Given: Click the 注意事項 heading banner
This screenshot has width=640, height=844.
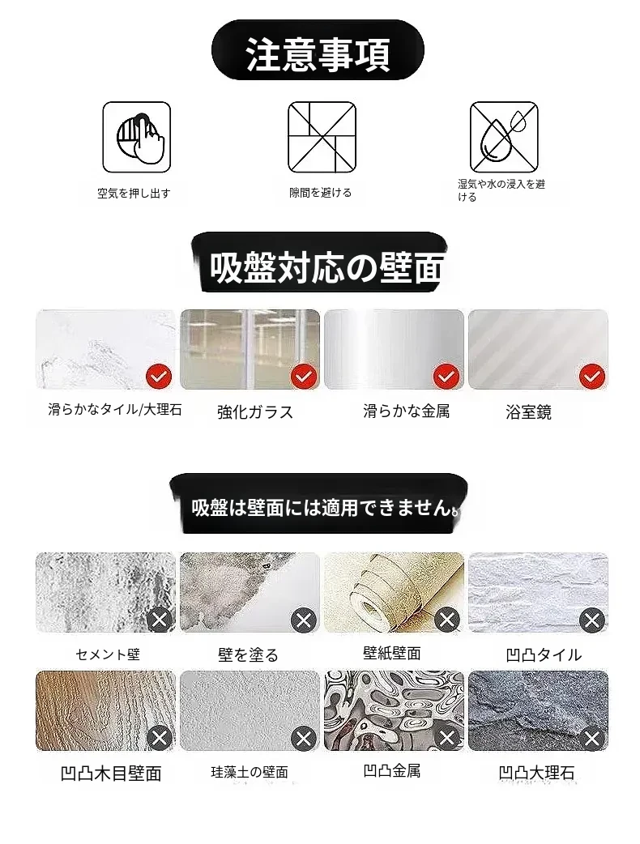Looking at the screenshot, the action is click(x=318, y=50).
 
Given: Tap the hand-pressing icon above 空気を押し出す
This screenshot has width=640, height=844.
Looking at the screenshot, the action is click(x=137, y=137).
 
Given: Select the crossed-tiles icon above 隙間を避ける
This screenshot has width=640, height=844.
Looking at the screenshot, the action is click(x=322, y=137).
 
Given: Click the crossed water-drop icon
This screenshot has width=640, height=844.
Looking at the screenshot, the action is click(x=504, y=137).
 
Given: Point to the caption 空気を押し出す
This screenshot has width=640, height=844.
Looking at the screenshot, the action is click(x=134, y=194).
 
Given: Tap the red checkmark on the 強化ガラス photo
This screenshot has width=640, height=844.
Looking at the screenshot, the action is click(x=304, y=377).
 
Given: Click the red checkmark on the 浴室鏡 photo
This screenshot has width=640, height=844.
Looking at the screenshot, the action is click(x=592, y=377).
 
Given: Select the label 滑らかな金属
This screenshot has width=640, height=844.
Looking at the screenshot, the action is click(x=406, y=411).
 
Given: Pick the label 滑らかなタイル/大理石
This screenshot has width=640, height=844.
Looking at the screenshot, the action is click(x=115, y=410).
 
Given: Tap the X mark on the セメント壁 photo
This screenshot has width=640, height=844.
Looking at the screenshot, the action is click(x=160, y=620).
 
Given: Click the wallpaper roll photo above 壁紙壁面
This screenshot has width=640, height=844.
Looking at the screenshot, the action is click(x=394, y=592).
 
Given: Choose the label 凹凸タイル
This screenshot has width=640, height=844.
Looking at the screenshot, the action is click(x=544, y=654).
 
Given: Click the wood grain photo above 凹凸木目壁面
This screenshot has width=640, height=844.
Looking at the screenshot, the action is click(x=105, y=710).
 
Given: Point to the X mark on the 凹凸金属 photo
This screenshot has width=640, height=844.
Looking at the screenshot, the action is click(x=446, y=737).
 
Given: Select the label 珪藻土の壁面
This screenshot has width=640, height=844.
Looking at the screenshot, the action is click(x=250, y=773).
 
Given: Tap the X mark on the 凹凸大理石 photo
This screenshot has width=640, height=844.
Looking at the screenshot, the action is click(x=592, y=737).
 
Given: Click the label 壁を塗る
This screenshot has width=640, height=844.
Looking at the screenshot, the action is click(x=248, y=654).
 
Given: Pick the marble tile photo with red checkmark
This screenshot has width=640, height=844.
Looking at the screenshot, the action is click(x=105, y=349).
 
